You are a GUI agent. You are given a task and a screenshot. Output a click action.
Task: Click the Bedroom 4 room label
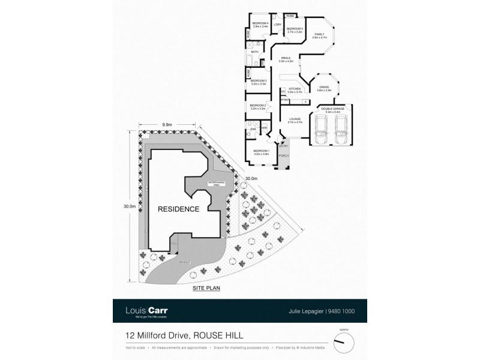click(260, 24)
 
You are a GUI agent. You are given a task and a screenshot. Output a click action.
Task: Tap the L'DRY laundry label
click(278, 25)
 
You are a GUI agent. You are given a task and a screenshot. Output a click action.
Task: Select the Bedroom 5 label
click(294, 29)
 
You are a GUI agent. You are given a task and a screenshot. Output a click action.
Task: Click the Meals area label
click(286, 59)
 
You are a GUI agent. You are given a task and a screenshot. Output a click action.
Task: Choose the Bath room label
click(254, 52)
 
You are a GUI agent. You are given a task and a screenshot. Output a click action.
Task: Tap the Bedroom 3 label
click(258, 80)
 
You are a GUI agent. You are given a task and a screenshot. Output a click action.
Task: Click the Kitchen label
click(294, 89)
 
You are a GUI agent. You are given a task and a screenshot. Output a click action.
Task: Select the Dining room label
click(324, 88)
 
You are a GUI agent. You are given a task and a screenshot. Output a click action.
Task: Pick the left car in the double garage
click(322, 129)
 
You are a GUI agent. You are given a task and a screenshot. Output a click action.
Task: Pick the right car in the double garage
click(341, 129)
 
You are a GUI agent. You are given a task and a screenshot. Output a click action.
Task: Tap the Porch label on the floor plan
click(284, 155)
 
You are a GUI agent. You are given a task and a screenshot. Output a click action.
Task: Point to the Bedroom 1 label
click(260, 151)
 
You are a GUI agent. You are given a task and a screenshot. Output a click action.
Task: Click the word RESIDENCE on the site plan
click(178, 209)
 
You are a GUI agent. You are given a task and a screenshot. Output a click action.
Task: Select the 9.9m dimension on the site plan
click(167, 124)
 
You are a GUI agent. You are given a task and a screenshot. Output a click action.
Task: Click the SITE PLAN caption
click(206, 289)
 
